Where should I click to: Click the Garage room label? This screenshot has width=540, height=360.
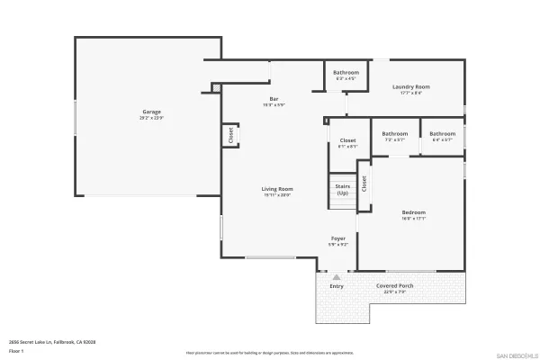[150, 112]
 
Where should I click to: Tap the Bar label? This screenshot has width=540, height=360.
[273, 99]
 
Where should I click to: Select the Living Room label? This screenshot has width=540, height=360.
[277, 189]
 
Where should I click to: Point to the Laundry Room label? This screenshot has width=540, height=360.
[410, 87]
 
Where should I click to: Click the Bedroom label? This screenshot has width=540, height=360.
[413, 212]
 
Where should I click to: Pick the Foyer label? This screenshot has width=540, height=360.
[337, 238]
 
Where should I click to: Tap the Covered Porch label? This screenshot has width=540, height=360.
[395, 285]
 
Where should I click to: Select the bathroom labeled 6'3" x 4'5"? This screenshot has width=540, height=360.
[346, 73]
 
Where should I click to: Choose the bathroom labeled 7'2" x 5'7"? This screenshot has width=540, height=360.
[394, 134]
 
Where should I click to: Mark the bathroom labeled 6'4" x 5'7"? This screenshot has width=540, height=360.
[442, 134]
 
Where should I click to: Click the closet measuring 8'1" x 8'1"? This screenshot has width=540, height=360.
[347, 141]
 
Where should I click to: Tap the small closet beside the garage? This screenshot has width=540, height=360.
[230, 135]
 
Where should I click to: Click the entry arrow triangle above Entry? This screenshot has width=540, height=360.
[337, 277]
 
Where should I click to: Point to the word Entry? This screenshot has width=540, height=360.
[337, 286]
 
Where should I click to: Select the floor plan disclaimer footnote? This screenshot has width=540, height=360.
[270, 353]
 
